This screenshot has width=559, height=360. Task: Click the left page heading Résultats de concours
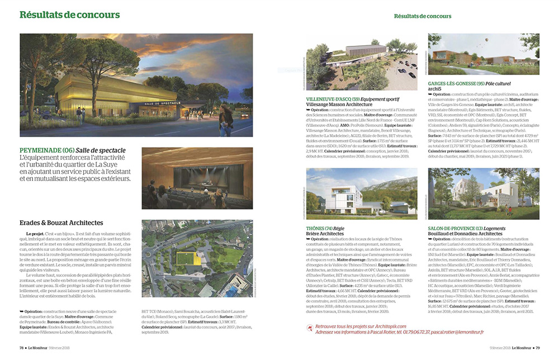coord(69,15)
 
